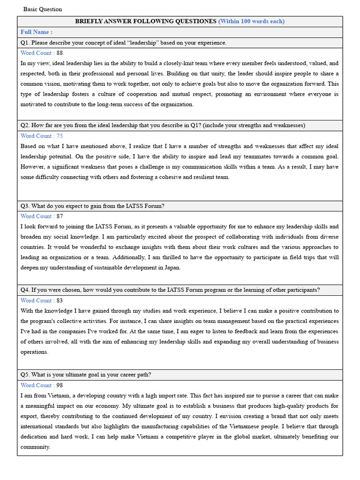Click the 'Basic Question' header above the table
pyautogui.click(x=43, y=9)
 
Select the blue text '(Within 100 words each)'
pyautogui.click(x=251, y=22)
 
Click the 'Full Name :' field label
pyautogui.click(x=36, y=32)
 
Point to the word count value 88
pyautogui.click(x=60, y=53)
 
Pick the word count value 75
pyautogui.click(x=60, y=136)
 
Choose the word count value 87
pyautogui.click(x=60, y=217)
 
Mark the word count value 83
pyautogui.click(x=60, y=301)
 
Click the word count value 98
pyautogui.click(x=60, y=385)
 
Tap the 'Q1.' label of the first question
pyautogui.click(x=25, y=43)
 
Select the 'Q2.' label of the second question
pyautogui.click(x=25, y=126)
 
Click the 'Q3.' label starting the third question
pyautogui.click(x=25, y=206)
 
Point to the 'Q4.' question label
pyautogui.click(x=25, y=290)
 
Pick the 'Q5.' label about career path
pyautogui.click(x=25, y=375)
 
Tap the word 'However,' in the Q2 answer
pyautogui.click(x=32, y=167)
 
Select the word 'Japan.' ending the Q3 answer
pyautogui.click(x=172, y=268)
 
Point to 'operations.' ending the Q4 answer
pyautogui.click(x=34, y=352)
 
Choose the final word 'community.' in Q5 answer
pyautogui.click(x=35, y=447)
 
